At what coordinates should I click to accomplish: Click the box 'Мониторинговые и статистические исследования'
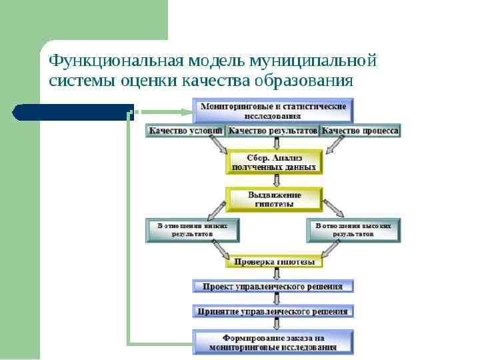tap(273, 111)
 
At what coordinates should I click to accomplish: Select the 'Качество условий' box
tap(185, 131)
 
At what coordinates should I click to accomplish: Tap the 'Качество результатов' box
tap(273, 131)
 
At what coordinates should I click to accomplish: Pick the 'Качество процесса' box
tap(361, 131)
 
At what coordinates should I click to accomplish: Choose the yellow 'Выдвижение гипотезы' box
tap(274, 199)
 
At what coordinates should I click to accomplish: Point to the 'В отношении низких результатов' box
tap(193, 230)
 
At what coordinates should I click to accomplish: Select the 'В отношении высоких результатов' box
tap(353, 230)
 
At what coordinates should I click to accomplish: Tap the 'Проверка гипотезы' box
tap(274, 262)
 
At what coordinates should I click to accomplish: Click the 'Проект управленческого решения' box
tap(273, 287)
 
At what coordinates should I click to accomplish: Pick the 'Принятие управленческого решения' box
tap(273, 311)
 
